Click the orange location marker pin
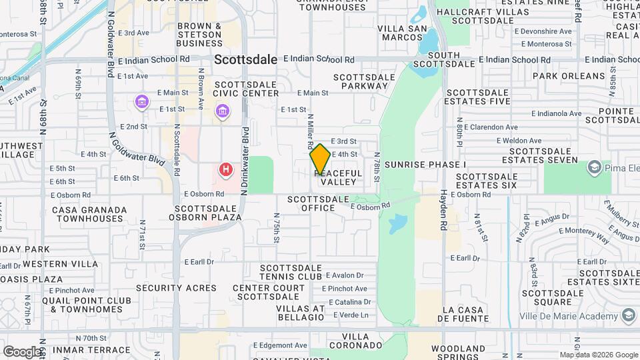(320, 158)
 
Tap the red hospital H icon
(227, 170)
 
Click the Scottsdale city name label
(246, 59)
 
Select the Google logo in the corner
(23, 351)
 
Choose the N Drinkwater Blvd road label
(245, 161)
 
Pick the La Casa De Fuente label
(471, 315)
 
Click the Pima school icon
(594, 167)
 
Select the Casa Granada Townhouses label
(89, 214)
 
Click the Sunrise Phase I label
(425, 164)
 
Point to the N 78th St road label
(377, 169)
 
